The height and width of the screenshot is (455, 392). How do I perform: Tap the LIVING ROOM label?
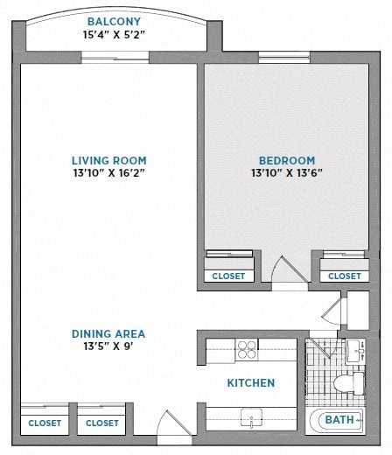click(109, 160)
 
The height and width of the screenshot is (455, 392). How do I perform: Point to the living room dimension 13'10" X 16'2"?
click(109, 173)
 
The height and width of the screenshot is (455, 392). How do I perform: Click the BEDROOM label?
click(286, 160)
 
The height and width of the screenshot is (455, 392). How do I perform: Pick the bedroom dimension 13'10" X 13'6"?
click(286, 173)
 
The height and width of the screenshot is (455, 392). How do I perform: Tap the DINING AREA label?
click(108, 333)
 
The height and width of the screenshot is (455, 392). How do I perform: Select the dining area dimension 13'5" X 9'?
click(108, 346)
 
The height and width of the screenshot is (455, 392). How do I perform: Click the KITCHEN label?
click(251, 383)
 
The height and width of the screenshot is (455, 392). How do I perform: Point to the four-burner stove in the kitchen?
click(247, 350)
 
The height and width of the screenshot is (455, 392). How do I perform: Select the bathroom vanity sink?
click(360, 352)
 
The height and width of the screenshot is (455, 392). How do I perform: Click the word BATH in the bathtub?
click(339, 421)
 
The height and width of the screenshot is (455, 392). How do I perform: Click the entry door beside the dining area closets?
click(172, 425)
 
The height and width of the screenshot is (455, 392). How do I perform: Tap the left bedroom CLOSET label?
click(229, 276)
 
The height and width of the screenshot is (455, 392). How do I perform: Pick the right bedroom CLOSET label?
click(344, 276)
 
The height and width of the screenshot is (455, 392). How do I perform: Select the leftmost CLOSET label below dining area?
click(45, 423)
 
